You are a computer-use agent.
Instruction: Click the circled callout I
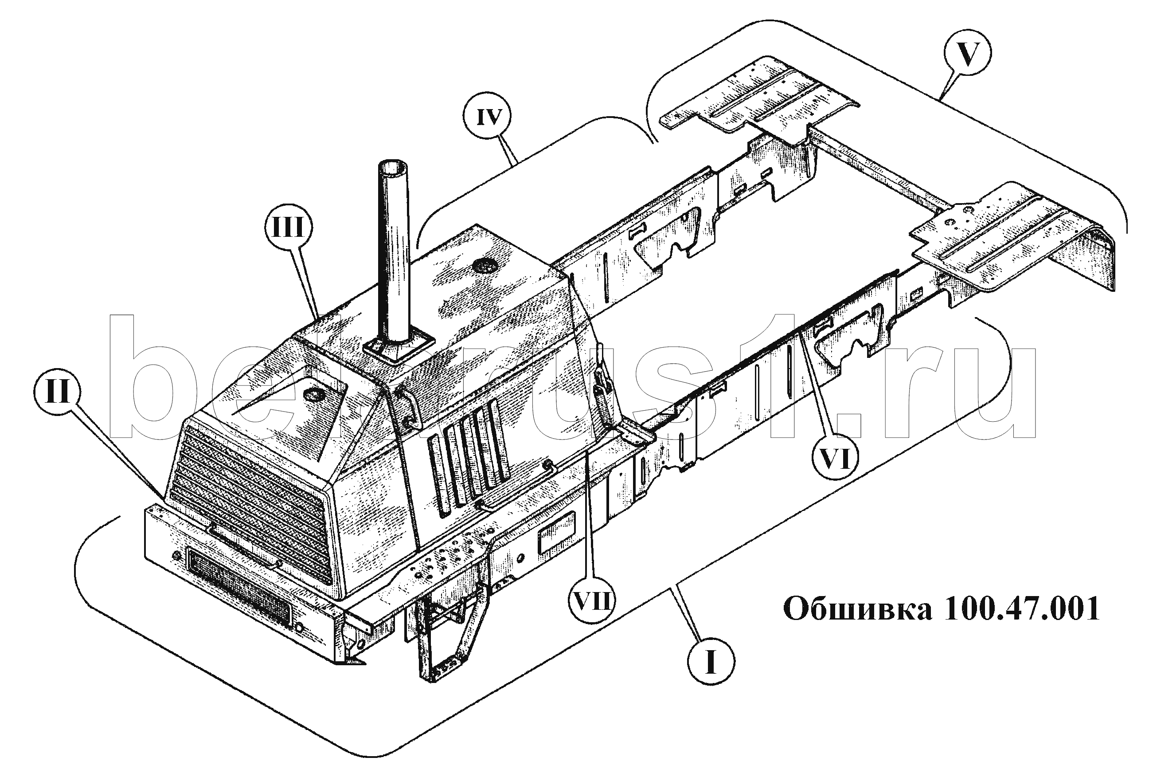[711, 661]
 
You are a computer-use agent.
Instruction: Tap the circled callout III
[289, 228]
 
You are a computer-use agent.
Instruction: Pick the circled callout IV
[489, 117]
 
